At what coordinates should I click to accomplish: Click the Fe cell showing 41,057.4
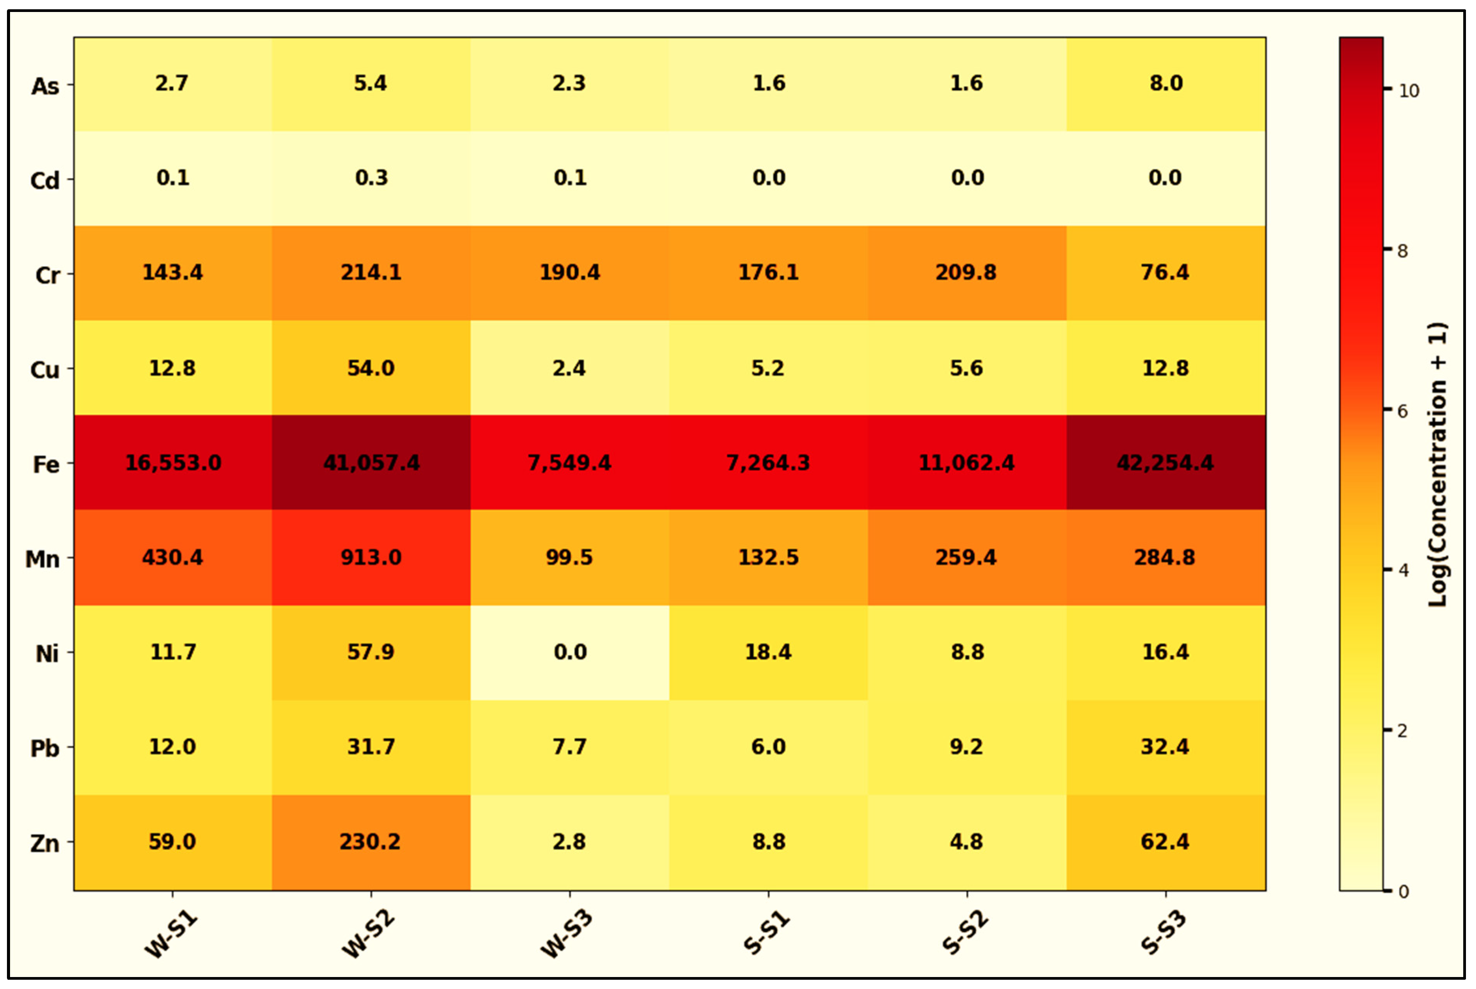371,462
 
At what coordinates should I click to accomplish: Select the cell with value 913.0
371,557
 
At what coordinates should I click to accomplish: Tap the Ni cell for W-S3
570,652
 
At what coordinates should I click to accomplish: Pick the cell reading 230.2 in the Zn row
371,842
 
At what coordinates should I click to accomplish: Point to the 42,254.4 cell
1166,462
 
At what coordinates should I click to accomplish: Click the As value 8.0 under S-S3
1166,83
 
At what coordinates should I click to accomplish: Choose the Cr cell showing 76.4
1166,272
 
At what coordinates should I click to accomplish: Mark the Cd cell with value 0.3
371,178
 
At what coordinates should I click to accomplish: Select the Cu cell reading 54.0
371,368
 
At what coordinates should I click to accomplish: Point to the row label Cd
45,180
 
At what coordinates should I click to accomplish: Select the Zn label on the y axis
45,843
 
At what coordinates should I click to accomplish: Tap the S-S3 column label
1164,933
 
